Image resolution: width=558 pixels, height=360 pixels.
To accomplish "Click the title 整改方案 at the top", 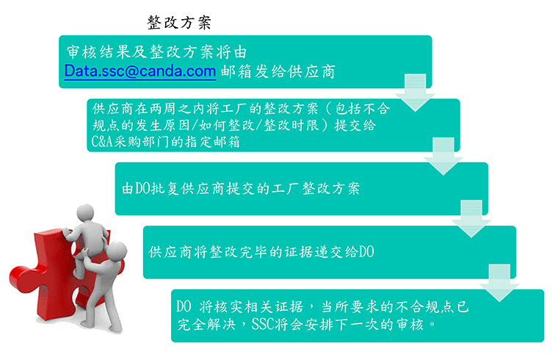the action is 179,23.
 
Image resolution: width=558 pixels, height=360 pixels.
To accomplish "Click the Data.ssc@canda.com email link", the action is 140,71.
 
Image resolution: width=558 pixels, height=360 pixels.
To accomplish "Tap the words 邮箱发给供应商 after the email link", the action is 278,71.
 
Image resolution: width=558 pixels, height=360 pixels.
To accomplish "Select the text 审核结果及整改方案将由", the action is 156,52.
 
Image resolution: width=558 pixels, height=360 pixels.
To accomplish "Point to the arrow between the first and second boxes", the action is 416,93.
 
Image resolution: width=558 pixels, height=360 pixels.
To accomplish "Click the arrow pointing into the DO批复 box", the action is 443,156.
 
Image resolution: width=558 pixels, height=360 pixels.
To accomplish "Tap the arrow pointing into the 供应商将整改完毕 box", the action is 471,219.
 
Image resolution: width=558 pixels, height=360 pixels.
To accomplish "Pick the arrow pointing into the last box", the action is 499,283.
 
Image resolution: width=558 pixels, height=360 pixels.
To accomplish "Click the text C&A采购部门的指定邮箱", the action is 165,142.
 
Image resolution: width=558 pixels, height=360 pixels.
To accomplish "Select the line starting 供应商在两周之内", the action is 241,109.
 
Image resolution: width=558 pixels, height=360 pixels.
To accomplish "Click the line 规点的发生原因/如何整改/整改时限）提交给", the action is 233,126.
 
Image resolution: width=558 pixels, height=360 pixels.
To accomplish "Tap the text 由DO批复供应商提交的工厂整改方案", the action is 241,188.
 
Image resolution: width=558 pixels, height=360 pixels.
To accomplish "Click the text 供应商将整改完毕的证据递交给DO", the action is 261,252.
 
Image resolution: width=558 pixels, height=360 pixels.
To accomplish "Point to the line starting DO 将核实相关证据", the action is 323,306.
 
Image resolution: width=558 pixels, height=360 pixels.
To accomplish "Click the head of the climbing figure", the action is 86,213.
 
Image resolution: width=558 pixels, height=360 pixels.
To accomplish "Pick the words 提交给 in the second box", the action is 355,126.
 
